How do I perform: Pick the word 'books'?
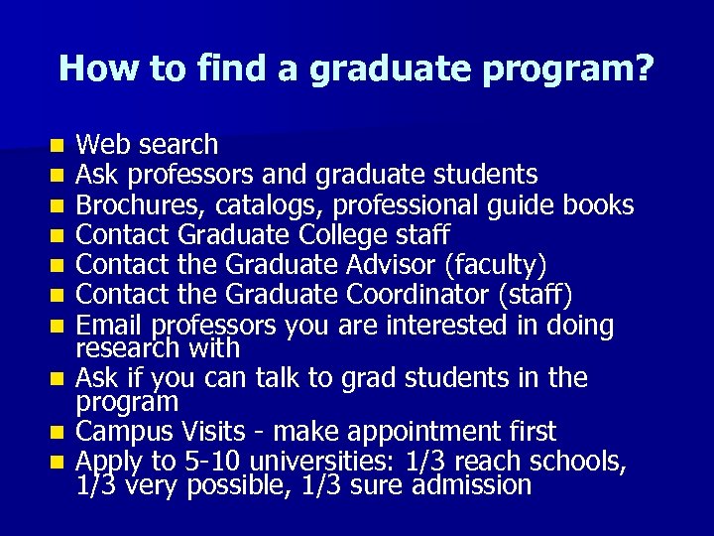(598, 205)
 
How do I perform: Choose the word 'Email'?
(109, 325)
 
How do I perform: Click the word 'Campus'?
(127, 432)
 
